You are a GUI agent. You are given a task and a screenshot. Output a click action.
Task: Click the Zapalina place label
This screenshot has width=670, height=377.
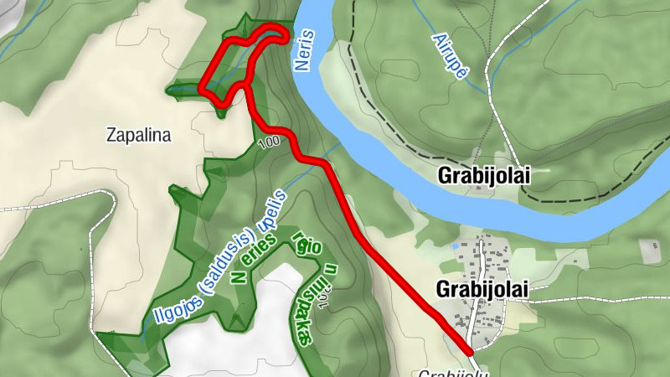click(139, 134)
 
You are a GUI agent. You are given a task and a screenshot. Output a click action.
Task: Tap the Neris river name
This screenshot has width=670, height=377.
click(305, 49)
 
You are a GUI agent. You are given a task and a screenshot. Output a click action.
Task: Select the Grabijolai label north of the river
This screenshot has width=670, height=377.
click(484, 177)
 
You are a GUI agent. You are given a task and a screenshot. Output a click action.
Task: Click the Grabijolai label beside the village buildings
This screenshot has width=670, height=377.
click(483, 288)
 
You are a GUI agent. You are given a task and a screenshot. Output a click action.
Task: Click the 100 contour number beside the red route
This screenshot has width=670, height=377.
click(269, 142)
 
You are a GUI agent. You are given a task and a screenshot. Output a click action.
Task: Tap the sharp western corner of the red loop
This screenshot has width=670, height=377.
click(201, 86)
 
